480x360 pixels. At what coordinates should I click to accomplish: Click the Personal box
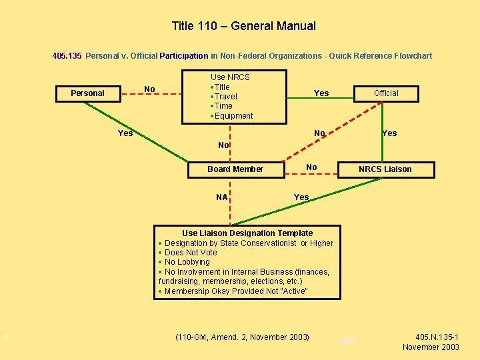coord(87,93)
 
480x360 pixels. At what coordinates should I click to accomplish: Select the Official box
coord(386,93)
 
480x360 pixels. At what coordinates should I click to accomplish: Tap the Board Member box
coord(235,169)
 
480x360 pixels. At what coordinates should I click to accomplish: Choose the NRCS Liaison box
coord(385,169)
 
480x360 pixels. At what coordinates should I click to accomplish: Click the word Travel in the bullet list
coord(225,97)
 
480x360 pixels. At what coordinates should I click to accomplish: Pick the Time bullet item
coord(223,106)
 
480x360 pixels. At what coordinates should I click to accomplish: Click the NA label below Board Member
coord(222,197)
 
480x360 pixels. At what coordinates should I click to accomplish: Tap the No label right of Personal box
coord(149,89)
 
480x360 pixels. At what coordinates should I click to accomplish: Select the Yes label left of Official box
coord(321,93)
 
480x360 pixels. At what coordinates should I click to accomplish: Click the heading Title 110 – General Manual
coord(243,27)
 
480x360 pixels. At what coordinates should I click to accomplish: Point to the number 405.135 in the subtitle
coord(67,56)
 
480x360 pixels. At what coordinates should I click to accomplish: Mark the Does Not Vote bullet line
coord(191,253)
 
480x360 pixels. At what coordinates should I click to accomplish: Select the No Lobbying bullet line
coord(187,262)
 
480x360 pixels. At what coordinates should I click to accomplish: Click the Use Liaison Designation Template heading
coord(247,233)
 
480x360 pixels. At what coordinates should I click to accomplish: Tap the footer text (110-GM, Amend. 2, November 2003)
coord(242,337)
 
